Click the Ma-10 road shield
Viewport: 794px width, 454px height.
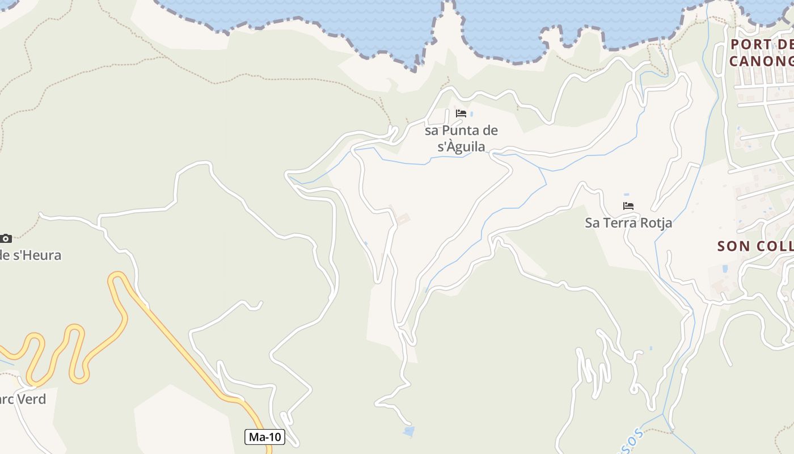pos(265,437)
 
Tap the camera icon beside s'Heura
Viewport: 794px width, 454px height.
pos(6,238)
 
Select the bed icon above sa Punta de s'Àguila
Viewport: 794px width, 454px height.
pos(461,113)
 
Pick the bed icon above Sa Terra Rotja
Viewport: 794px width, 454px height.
pos(628,206)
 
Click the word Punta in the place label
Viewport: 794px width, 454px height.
pos(458,131)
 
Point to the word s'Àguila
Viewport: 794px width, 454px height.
pos(462,147)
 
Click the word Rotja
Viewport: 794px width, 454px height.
pos(656,223)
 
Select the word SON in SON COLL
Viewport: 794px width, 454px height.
pos(735,246)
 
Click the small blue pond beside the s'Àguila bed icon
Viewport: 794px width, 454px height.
pos(471,114)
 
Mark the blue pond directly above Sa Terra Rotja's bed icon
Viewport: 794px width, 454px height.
pos(626,195)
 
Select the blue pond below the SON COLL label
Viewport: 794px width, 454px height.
pos(724,268)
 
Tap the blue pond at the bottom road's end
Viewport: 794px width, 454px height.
pos(409,431)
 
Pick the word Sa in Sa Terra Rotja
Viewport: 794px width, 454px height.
pos(592,223)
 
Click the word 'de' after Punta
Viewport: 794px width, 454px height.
pos(488,131)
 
